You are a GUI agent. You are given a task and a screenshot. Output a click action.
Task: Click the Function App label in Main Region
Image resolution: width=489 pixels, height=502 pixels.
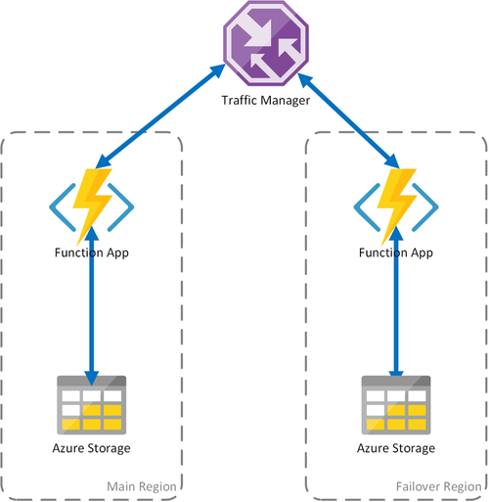click(x=92, y=252)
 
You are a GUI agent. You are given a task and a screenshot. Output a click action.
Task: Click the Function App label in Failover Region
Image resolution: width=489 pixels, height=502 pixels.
click(x=397, y=252)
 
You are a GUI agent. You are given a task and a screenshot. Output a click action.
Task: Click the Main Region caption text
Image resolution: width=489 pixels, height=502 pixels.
click(x=143, y=486)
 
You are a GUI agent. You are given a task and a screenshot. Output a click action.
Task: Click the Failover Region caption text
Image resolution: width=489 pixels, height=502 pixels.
click(x=438, y=486)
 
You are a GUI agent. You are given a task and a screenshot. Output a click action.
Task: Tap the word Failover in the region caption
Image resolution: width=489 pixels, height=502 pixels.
click(x=419, y=486)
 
